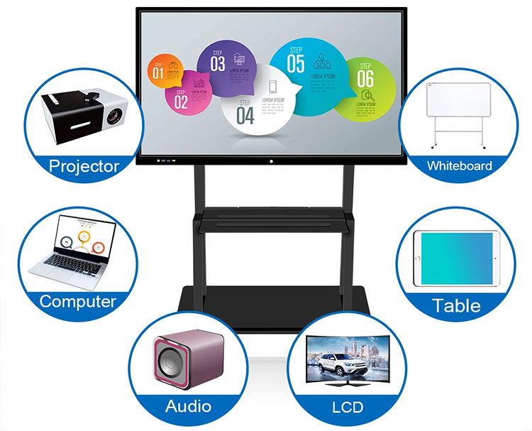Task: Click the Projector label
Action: [84, 167]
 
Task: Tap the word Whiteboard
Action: [459, 166]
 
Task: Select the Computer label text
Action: [77, 301]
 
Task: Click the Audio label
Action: [188, 406]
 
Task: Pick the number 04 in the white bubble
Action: [245, 115]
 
